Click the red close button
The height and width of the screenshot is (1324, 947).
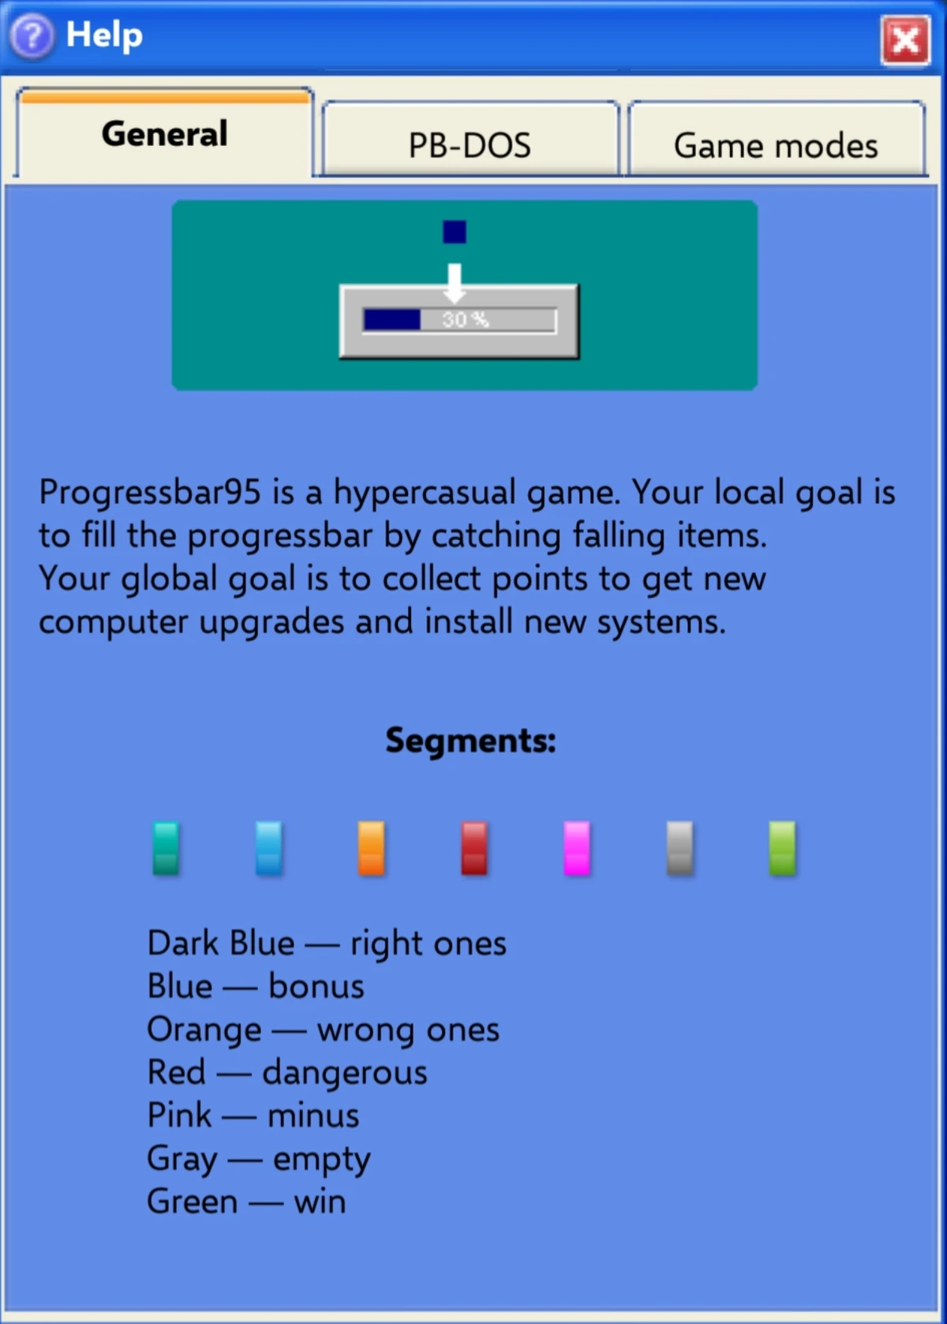tap(905, 40)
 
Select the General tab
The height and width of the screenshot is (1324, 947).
tap(164, 133)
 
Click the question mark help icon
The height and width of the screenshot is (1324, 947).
tap(32, 36)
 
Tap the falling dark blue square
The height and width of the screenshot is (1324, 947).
tap(455, 232)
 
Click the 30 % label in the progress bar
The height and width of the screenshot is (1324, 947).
tap(466, 320)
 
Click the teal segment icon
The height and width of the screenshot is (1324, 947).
tap(166, 849)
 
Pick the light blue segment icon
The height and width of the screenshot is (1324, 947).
tap(268, 849)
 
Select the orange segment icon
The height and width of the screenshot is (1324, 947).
tap(371, 849)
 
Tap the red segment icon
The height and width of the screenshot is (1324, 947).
tap(474, 849)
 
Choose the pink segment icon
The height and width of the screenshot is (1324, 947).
tap(577, 849)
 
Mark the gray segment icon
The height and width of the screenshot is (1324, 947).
tap(679, 849)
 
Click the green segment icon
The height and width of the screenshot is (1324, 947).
tap(782, 849)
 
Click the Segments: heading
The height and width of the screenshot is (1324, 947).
tap(470, 741)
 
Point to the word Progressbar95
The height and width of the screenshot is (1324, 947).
tap(150, 493)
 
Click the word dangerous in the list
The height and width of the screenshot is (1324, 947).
tap(345, 1073)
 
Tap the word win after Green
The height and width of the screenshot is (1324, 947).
tap(320, 1202)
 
